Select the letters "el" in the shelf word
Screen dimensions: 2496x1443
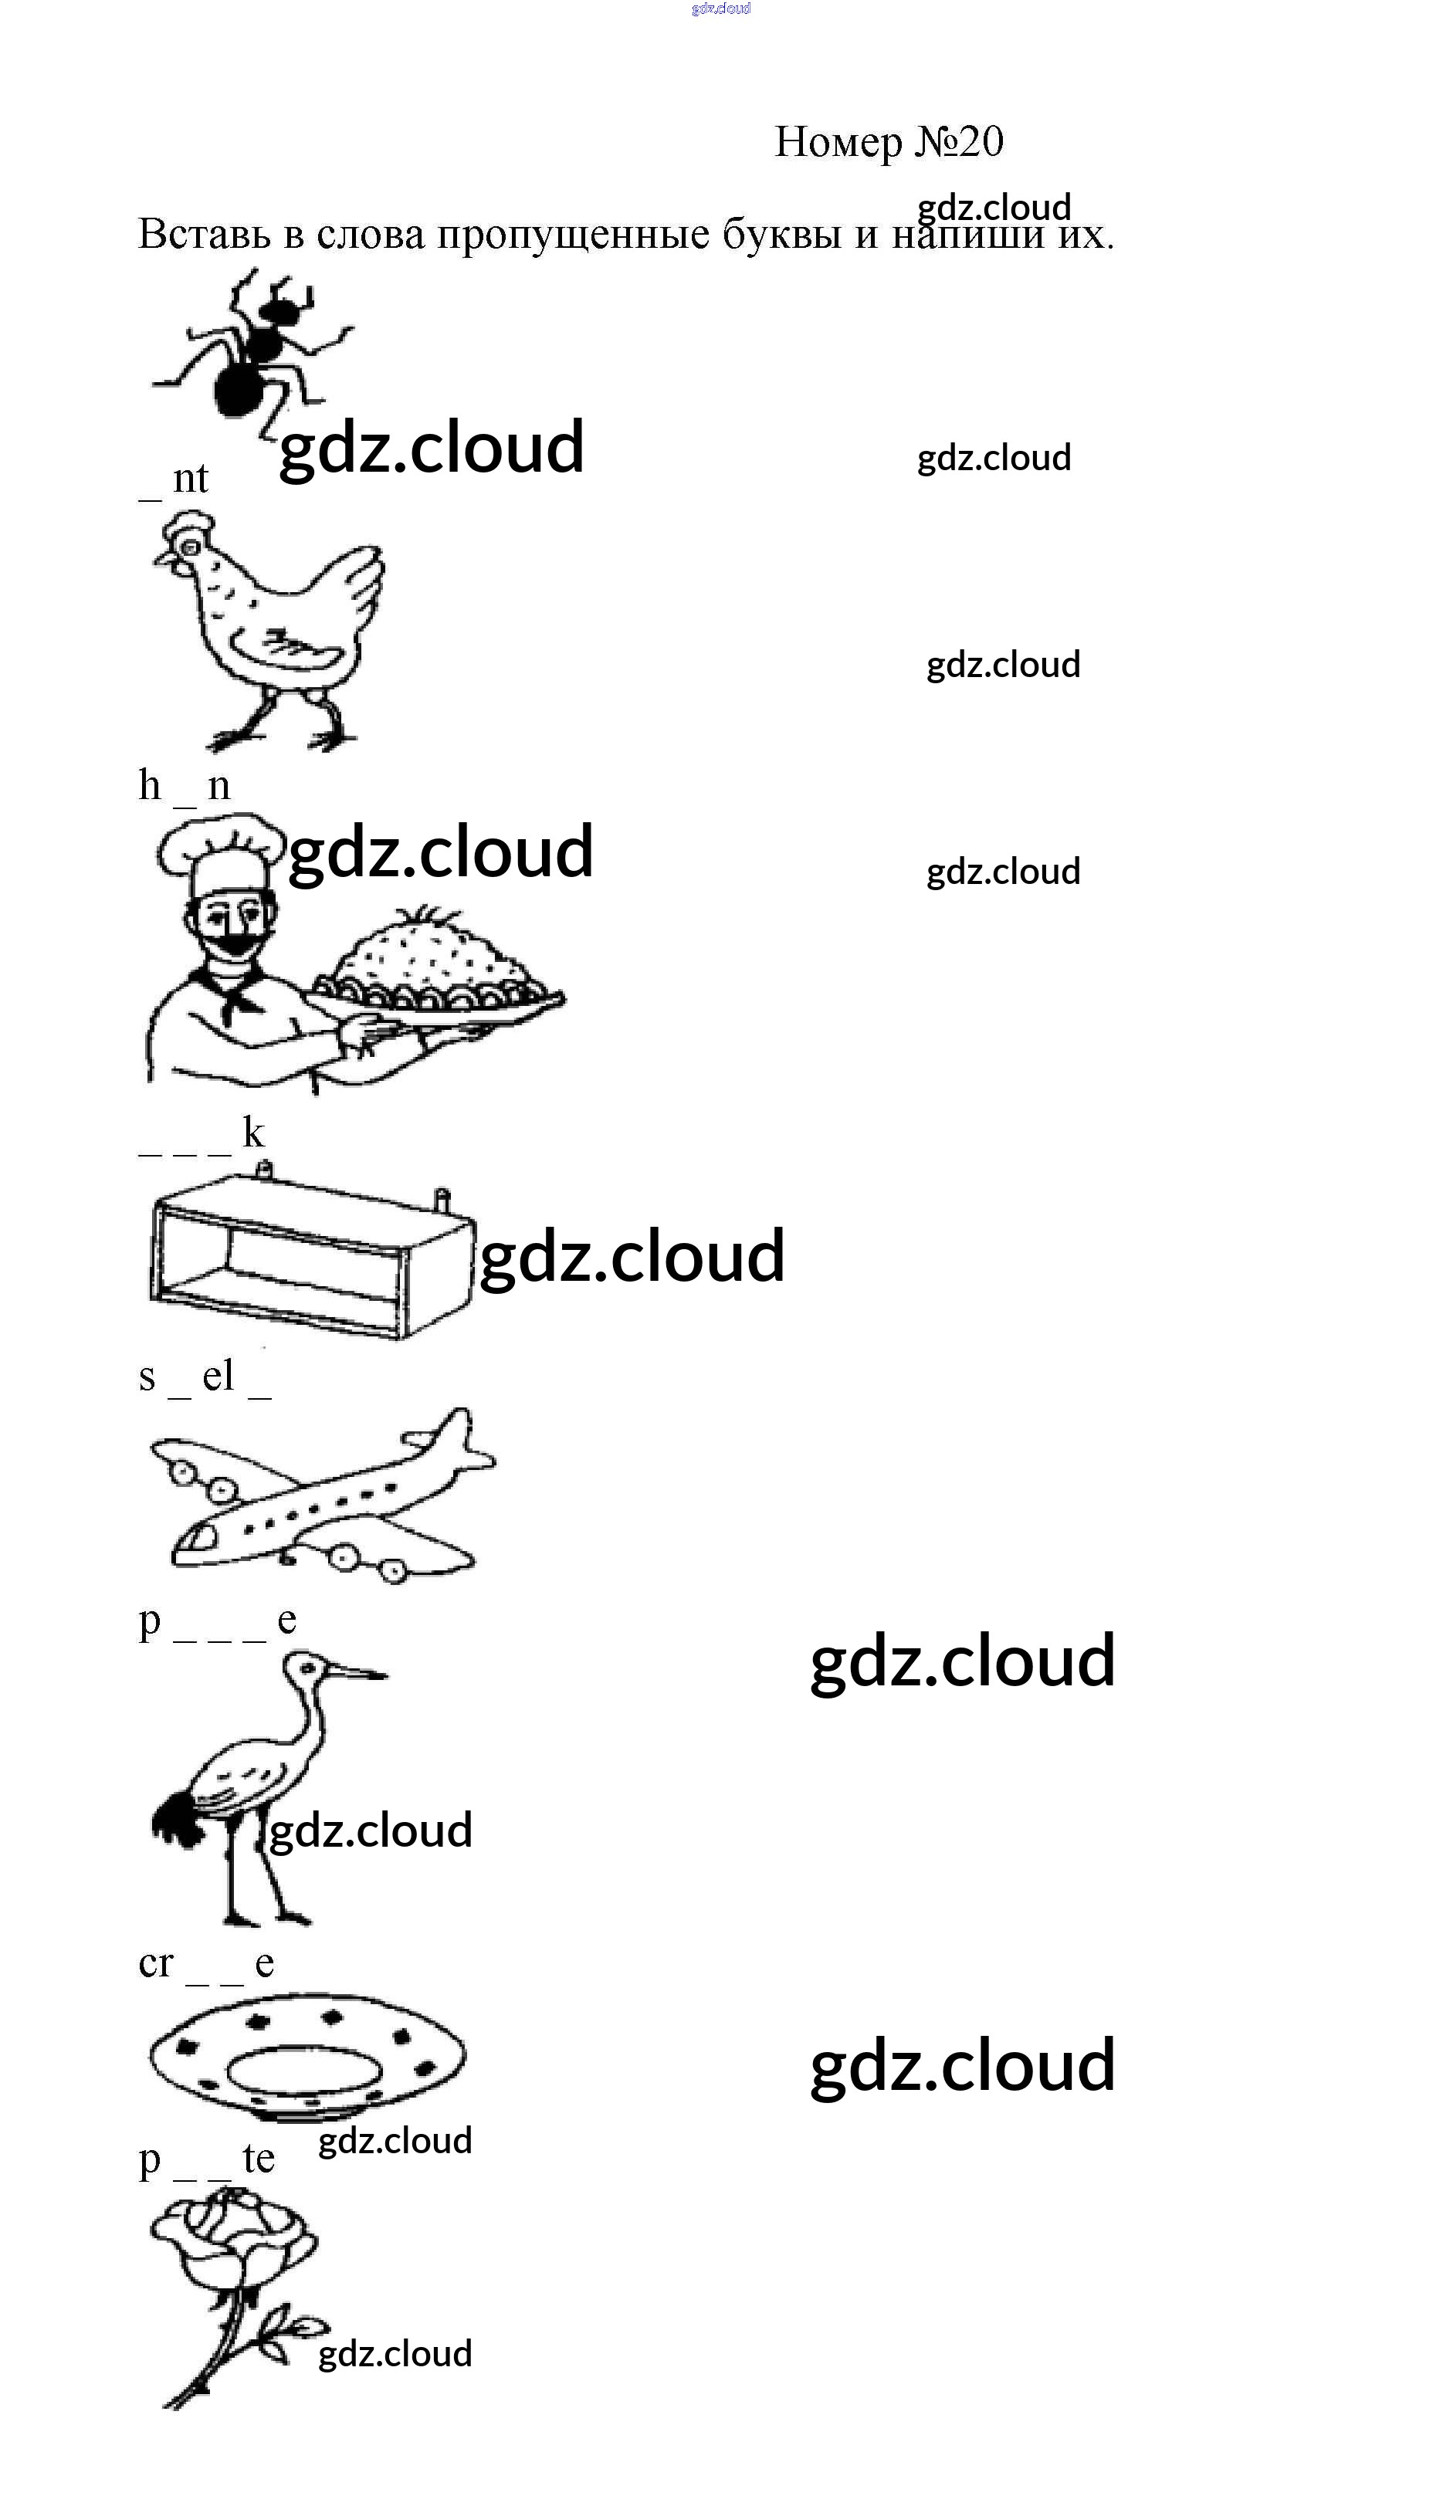218,1376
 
